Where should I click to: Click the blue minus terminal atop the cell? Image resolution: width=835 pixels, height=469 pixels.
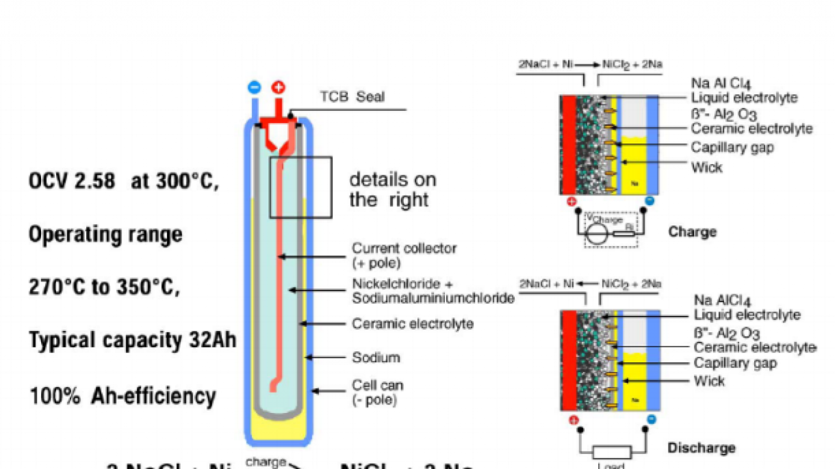coord(254,87)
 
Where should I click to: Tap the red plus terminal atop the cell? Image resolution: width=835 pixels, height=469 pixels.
coord(278,87)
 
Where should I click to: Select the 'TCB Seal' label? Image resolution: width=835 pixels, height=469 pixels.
coord(352,97)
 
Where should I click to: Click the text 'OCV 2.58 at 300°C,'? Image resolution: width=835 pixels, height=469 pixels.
coord(124,180)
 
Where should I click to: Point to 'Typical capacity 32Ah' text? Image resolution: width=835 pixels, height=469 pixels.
coord(132,340)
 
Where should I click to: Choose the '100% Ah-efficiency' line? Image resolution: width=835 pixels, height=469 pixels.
coord(123,395)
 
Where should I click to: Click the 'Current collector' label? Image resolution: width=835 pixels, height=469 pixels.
coord(404,248)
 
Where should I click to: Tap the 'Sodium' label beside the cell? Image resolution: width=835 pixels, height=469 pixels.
coord(376,358)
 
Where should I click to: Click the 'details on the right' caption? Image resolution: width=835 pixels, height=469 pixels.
coord(393,189)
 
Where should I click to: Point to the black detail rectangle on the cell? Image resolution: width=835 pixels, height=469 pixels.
coord(301,187)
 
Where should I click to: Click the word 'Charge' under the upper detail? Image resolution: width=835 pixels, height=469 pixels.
coord(692,232)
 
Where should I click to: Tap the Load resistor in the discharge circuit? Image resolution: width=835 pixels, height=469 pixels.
coord(612,453)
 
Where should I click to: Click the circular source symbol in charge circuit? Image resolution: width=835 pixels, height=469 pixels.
coord(596,234)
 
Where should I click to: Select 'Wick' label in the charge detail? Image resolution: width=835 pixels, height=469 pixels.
coord(706,167)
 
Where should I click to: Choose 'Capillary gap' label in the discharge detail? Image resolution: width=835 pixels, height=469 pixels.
coord(735,363)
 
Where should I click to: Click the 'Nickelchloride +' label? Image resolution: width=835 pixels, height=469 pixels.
coord(402,285)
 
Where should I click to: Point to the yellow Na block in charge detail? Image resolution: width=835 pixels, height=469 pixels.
coord(635,166)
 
